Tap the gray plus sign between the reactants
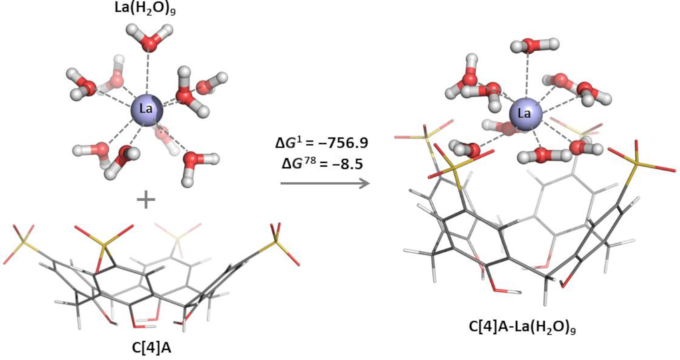click(147, 199)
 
